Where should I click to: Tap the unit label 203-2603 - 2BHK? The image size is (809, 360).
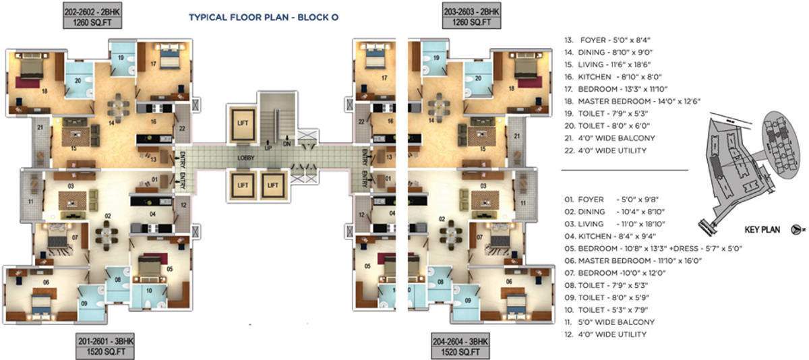point(473,11)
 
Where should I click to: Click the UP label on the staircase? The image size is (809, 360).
point(269,147)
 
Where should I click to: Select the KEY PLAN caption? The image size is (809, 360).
point(762,230)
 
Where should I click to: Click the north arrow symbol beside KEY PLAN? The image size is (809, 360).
point(798,230)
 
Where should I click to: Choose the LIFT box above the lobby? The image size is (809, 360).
point(243,122)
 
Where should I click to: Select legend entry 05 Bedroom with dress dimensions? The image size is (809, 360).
point(654,248)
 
